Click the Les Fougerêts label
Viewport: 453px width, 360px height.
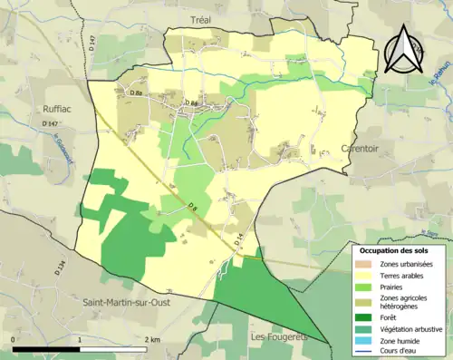277,336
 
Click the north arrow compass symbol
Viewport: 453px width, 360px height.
403,50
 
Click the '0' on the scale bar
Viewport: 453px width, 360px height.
14,340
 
